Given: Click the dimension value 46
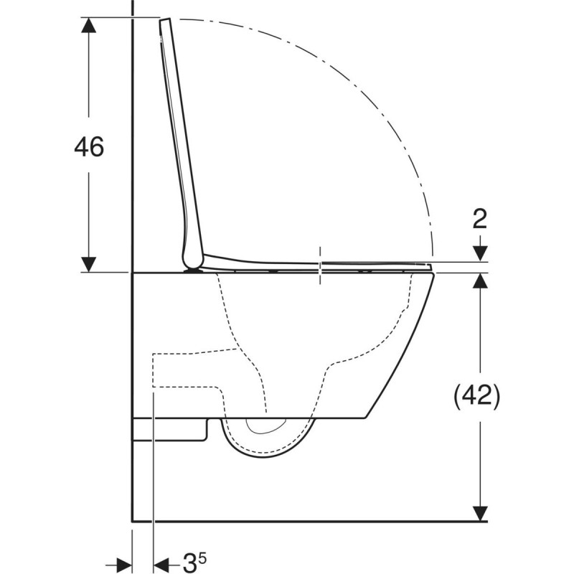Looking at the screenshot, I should click(x=90, y=146).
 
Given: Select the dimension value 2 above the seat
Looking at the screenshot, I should click(x=480, y=218).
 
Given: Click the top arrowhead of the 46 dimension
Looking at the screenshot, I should click(x=89, y=26).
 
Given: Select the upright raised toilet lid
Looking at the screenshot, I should click(x=179, y=143).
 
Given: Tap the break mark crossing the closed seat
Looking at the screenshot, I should click(x=320, y=263).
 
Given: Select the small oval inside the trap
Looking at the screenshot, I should click(x=265, y=427).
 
